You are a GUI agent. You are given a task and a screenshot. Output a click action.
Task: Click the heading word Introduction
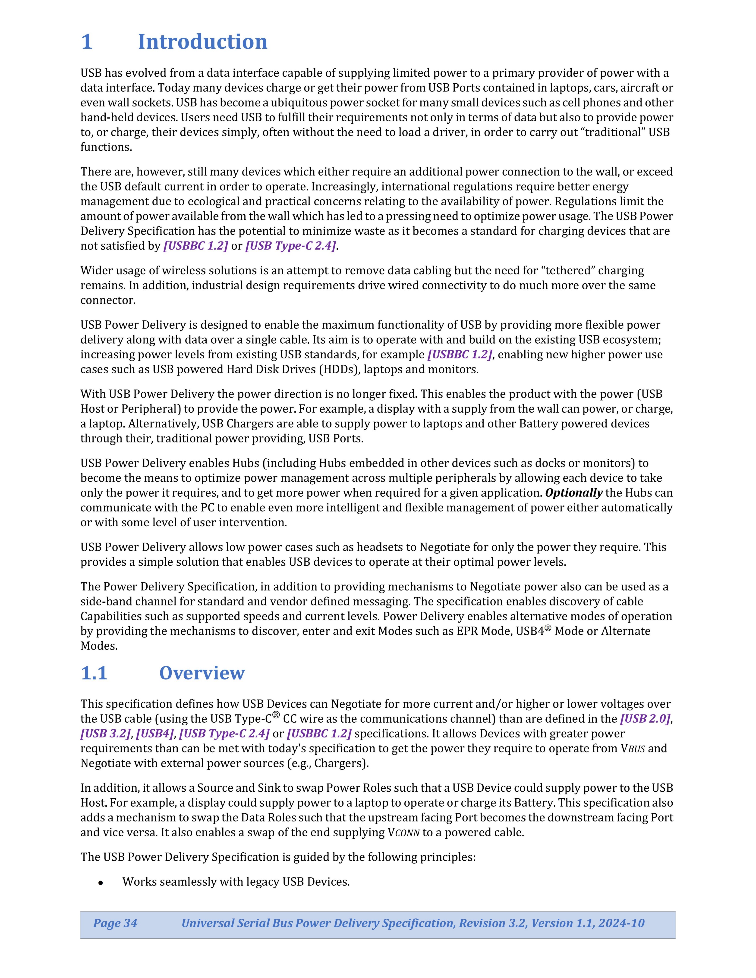[202, 42]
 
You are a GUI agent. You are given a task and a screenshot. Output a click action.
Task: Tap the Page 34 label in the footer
[115, 923]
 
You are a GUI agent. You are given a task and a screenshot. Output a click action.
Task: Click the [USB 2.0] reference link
[645, 719]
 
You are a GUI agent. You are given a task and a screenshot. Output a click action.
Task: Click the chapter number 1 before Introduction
[87, 42]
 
